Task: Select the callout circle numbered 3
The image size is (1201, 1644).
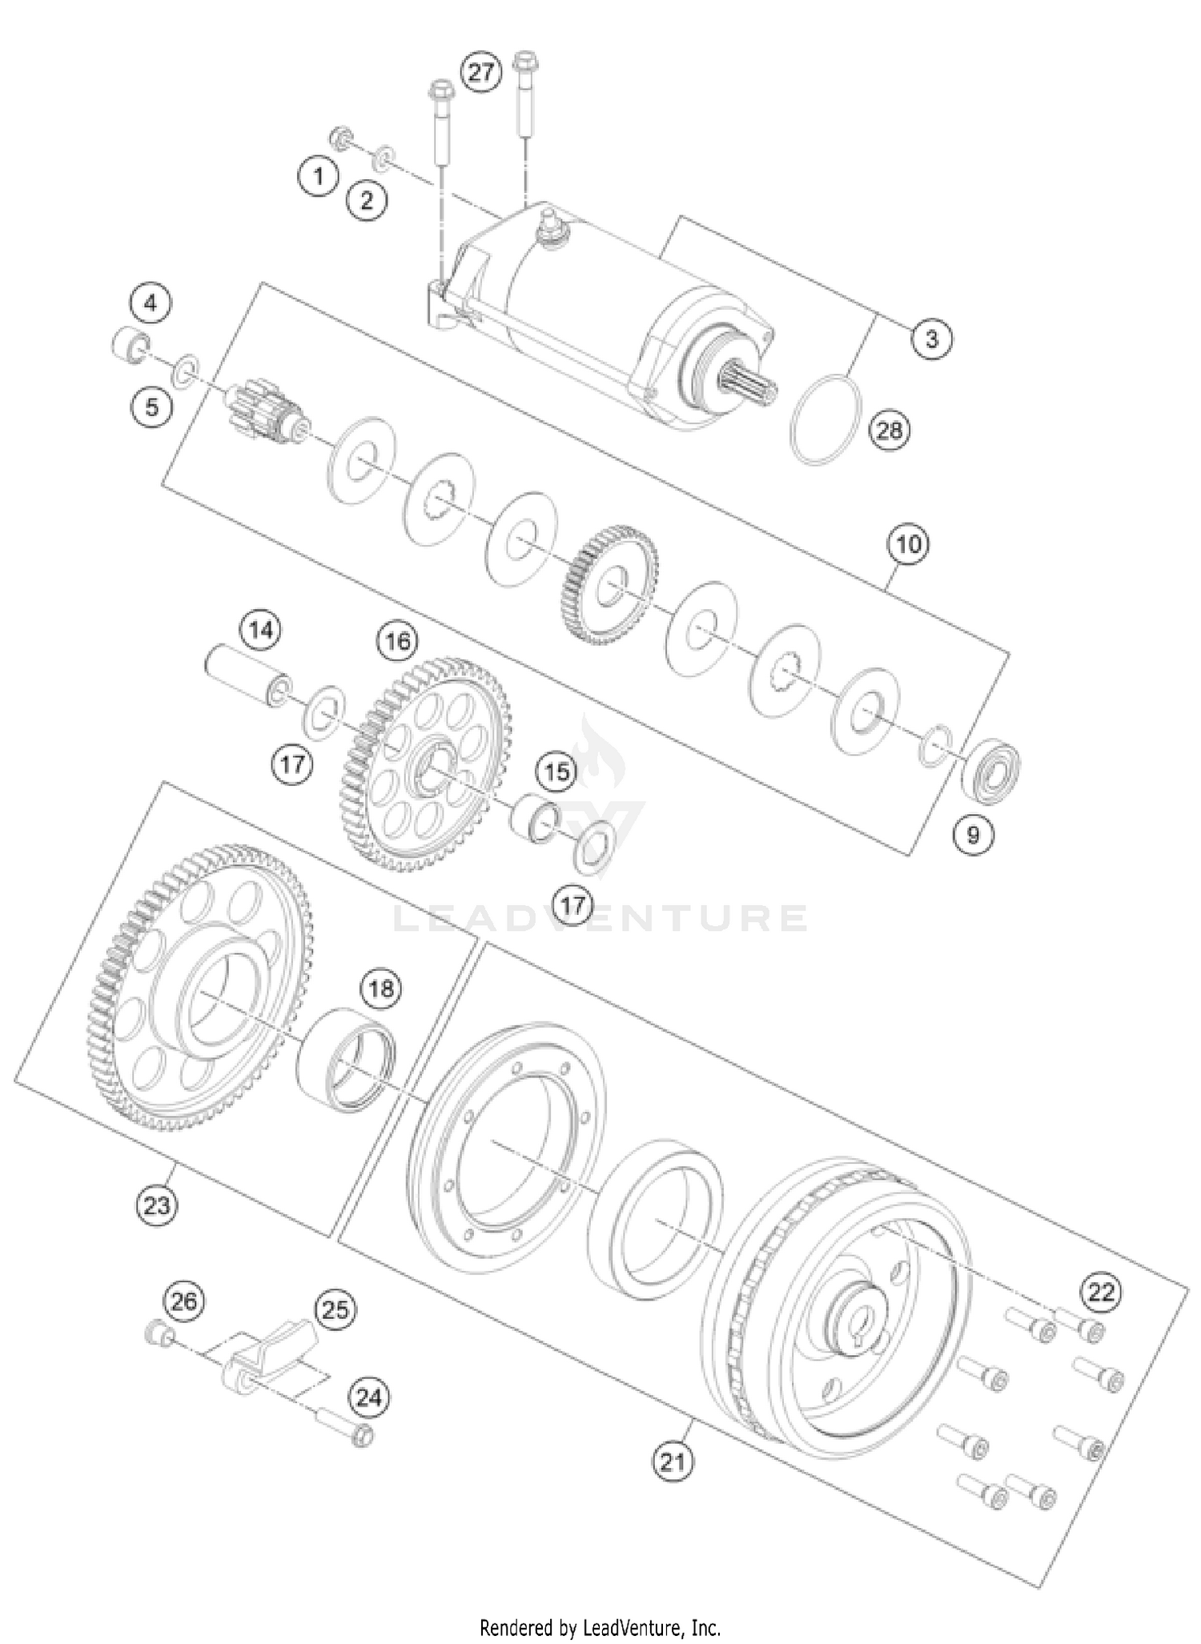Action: tap(931, 339)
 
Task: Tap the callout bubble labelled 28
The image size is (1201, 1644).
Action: tap(889, 431)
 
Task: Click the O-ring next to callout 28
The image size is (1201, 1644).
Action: tap(825, 419)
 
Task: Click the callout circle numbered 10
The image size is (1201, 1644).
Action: tap(908, 544)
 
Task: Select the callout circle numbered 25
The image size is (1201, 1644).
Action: tap(335, 1309)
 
